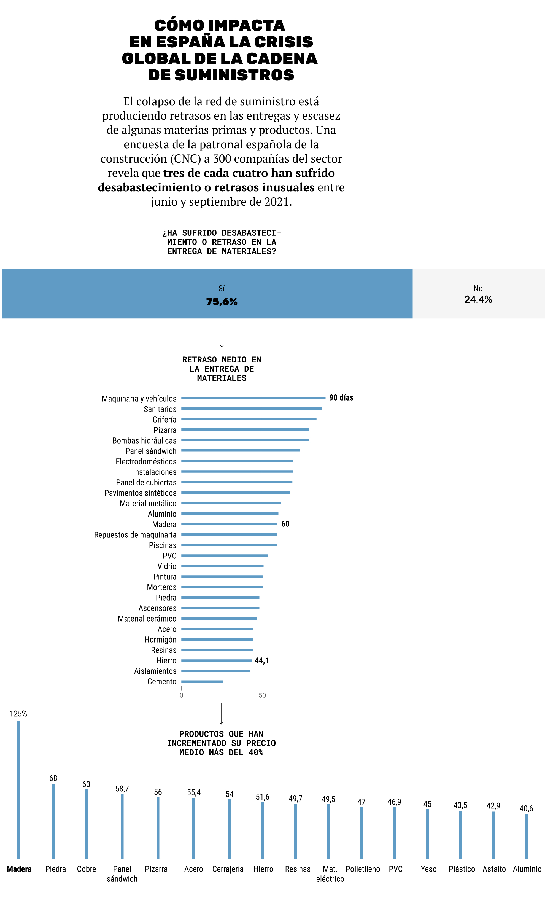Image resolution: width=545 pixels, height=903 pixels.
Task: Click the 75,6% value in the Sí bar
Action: click(222, 302)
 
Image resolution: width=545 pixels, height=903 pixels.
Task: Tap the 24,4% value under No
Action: click(478, 299)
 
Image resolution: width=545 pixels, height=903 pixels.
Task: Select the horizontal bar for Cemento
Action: click(202, 682)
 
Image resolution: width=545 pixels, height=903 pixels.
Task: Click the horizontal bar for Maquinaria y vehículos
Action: click(253, 398)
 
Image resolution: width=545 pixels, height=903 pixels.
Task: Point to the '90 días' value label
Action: click(341, 398)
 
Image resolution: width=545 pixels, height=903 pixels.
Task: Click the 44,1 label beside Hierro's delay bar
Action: click(261, 660)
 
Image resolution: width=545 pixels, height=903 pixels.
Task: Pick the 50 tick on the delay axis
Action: click(262, 695)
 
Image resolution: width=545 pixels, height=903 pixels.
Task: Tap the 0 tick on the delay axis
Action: click(181, 695)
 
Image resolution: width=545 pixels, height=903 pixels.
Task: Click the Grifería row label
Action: click(164, 420)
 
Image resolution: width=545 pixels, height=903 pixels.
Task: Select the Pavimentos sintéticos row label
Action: click(140, 493)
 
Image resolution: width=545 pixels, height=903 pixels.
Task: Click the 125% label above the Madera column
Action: click(18, 714)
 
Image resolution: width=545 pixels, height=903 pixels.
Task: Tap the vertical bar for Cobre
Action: click(87, 824)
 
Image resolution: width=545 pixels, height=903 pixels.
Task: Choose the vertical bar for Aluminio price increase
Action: click(526, 837)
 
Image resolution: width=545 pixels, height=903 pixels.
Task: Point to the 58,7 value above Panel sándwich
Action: click(122, 789)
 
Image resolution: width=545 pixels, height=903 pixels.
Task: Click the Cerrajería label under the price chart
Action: click(228, 869)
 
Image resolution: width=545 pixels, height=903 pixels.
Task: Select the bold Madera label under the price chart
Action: click(19, 869)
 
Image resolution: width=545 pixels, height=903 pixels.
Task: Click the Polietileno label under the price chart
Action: click(363, 869)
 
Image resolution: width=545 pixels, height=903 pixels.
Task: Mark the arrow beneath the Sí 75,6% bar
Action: click(222, 337)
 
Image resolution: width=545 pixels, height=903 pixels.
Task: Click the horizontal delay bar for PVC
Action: click(225, 556)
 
